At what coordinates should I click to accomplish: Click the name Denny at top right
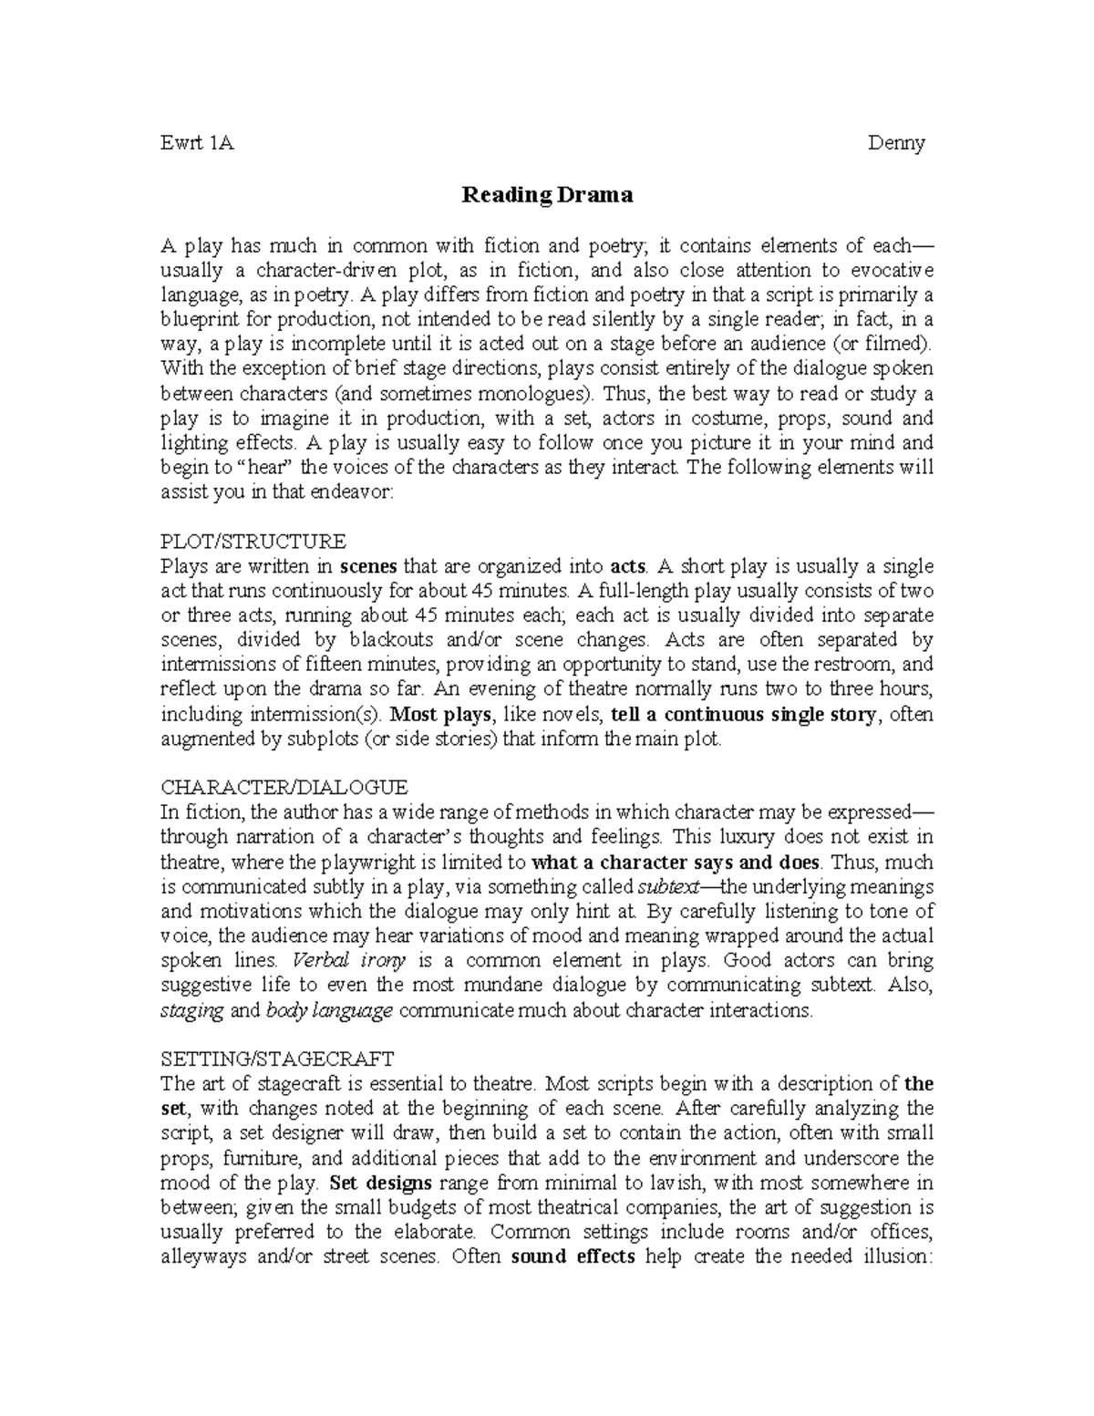tap(896, 143)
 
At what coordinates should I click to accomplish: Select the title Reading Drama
tap(546, 195)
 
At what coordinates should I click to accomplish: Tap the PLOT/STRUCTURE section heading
tap(253, 541)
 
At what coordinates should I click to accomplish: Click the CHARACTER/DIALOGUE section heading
tap(284, 787)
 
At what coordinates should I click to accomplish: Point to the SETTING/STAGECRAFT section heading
tap(276, 1059)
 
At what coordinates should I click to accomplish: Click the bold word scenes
tap(368, 565)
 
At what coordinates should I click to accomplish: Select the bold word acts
tap(627, 565)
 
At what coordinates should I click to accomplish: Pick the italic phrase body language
tap(329, 1010)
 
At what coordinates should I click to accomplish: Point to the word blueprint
tap(199, 320)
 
